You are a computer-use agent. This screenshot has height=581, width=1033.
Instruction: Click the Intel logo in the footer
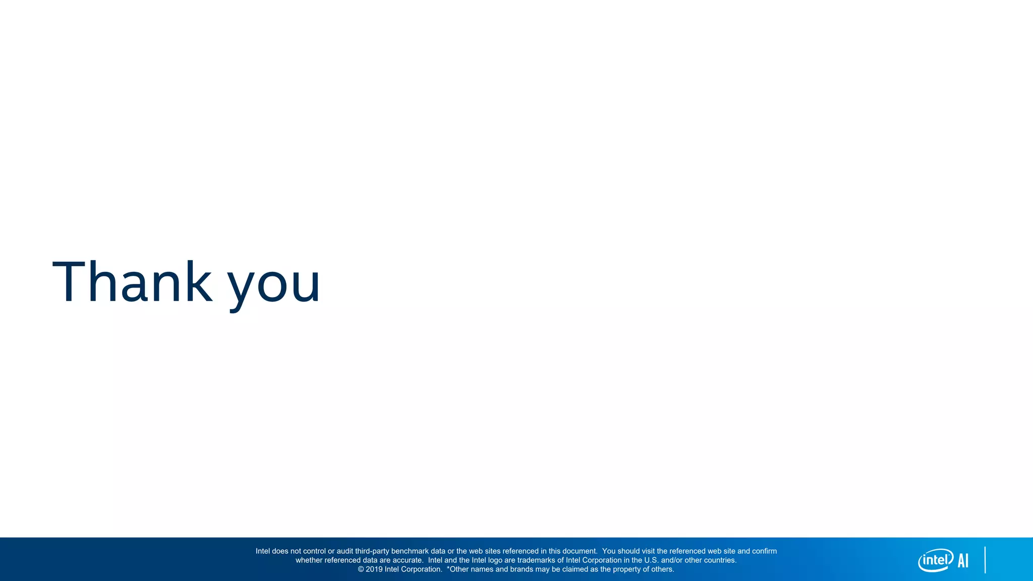(x=935, y=560)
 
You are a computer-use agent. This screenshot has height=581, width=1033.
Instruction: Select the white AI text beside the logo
(x=963, y=560)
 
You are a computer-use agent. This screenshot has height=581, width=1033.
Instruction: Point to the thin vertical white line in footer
(x=985, y=560)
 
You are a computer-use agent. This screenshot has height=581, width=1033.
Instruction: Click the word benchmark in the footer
(x=409, y=551)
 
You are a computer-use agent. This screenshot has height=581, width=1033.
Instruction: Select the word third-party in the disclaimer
(x=372, y=551)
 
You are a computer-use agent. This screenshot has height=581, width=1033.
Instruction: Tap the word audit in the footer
(x=345, y=551)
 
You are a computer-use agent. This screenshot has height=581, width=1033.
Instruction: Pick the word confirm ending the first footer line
(x=764, y=551)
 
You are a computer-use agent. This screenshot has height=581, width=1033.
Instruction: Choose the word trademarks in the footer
(x=536, y=560)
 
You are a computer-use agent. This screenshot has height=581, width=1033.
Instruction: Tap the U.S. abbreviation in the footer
(x=651, y=560)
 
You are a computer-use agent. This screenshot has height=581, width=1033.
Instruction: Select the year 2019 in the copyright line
(x=374, y=569)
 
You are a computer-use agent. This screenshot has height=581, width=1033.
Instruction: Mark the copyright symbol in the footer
(x=361, y=569)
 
